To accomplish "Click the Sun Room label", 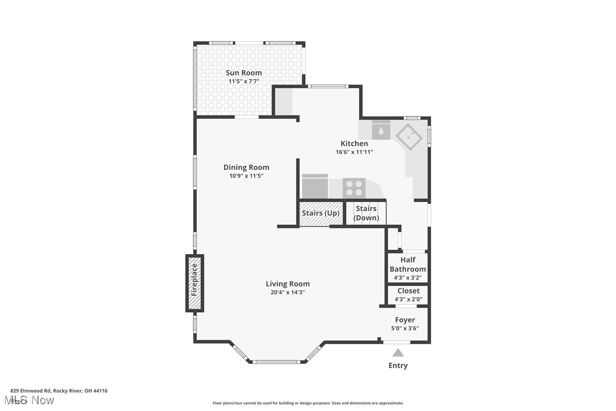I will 244,73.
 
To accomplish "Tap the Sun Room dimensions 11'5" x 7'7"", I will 244,81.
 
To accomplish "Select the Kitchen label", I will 354,144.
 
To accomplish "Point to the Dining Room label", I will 246,167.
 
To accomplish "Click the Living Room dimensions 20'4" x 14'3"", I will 288,292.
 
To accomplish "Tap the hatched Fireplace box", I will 195,283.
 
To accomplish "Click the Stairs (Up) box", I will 321,213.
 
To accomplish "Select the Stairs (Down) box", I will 366,213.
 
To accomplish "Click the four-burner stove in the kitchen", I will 354,187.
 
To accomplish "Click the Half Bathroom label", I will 407,265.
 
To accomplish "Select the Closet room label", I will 408,291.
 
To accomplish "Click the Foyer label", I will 405,320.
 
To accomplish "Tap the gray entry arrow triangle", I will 398,353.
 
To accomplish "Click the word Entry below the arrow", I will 398,366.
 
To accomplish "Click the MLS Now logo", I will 32,400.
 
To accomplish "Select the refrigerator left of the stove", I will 315,186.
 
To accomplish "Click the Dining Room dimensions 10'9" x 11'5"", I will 246,176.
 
